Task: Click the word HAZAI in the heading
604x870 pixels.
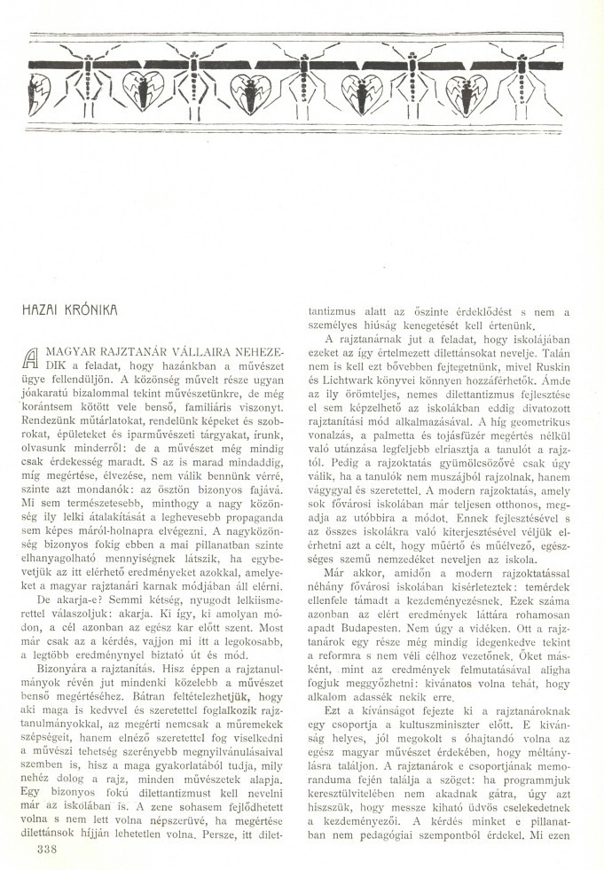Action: (43, 311)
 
